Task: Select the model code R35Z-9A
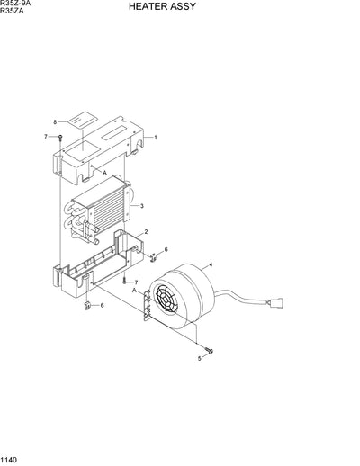click(x=16, y=4)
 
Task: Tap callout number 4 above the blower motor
click(x=210, y=264)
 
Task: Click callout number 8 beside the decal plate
click(x=54, y=121)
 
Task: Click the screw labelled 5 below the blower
click(x=208, y=350)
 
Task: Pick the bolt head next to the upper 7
click(x=59, y=137)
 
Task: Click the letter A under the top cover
click(x=104, y=172)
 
